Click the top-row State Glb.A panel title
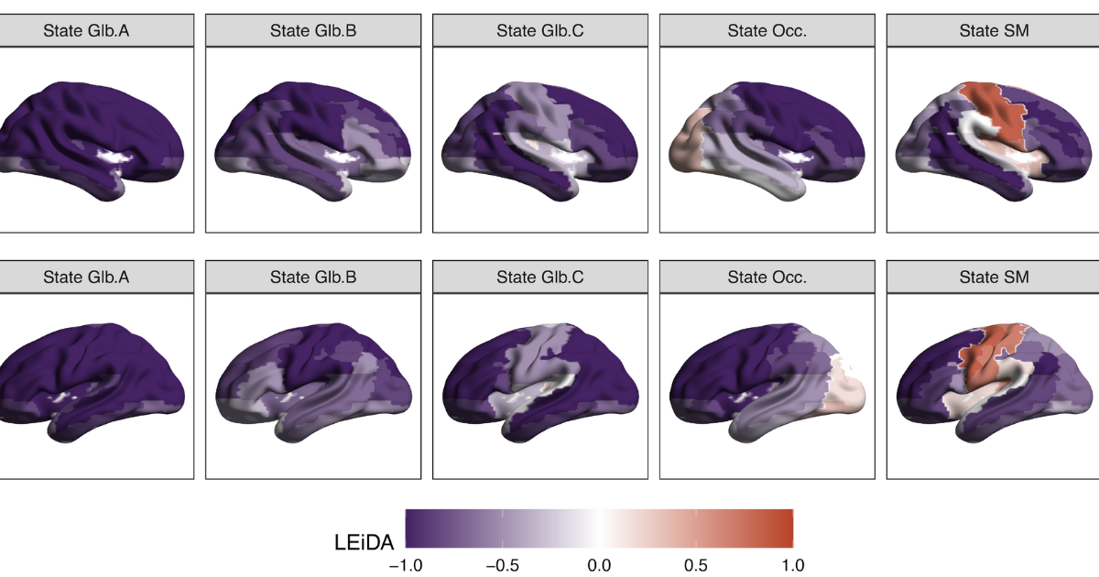coord(85,30)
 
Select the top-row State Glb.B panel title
coord(312,30)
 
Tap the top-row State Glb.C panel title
coord(539,30)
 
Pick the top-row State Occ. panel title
coord(767,30)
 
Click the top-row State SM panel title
coord(994,30)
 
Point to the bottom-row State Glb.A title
coord(85,277)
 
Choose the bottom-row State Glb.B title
coord(312,277)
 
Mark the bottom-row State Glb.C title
coord(539,277)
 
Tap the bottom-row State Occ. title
coord(767,277)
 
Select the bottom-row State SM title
coord(994,277)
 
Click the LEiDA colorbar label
coord(363,544)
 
